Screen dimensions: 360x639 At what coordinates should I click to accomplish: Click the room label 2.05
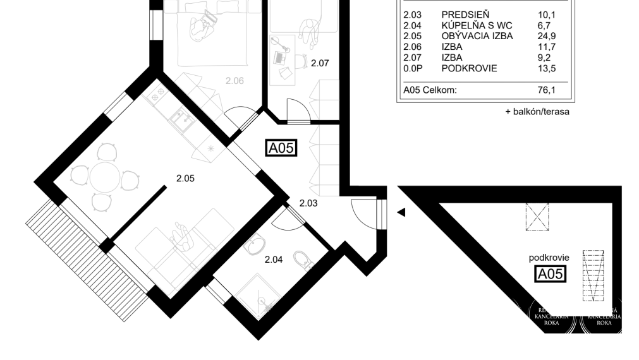[x=185, y=179]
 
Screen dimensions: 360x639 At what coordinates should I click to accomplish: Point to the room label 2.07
[x=320, y=63]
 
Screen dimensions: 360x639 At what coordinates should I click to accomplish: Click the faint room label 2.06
[x=234, y=81]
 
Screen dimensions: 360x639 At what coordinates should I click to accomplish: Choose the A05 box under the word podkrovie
[x=549, y=273]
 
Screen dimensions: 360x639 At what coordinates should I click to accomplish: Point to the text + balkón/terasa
[x=537, y=112]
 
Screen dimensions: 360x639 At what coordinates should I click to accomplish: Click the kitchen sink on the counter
[x=180, y=117]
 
